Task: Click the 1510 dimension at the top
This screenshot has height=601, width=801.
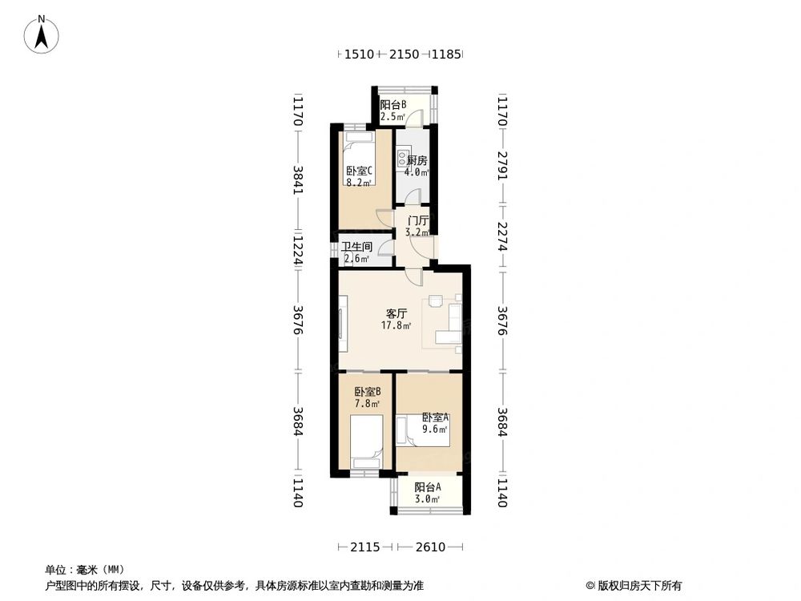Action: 359,54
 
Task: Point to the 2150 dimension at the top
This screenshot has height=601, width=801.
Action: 404,54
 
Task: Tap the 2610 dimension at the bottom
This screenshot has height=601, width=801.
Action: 429,547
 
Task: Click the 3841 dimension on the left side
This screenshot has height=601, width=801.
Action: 299,181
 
